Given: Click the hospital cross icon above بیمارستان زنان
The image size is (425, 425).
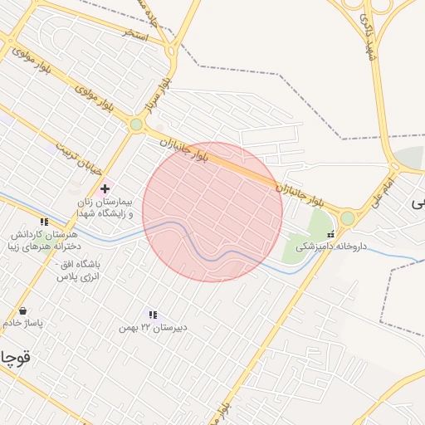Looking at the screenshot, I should [104, 189].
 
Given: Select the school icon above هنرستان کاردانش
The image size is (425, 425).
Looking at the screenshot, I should [43, 222].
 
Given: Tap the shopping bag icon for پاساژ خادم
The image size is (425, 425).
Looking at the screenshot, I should [22, 311].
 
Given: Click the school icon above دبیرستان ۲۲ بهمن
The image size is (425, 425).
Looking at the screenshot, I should [153, 315].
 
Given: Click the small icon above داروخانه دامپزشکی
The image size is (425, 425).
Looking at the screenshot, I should [331, 233].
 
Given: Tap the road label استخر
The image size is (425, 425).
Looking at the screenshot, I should [134, 36].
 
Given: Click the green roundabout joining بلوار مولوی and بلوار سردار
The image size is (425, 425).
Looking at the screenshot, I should [136, 125].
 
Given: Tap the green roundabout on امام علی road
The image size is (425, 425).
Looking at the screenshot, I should [347, 218].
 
